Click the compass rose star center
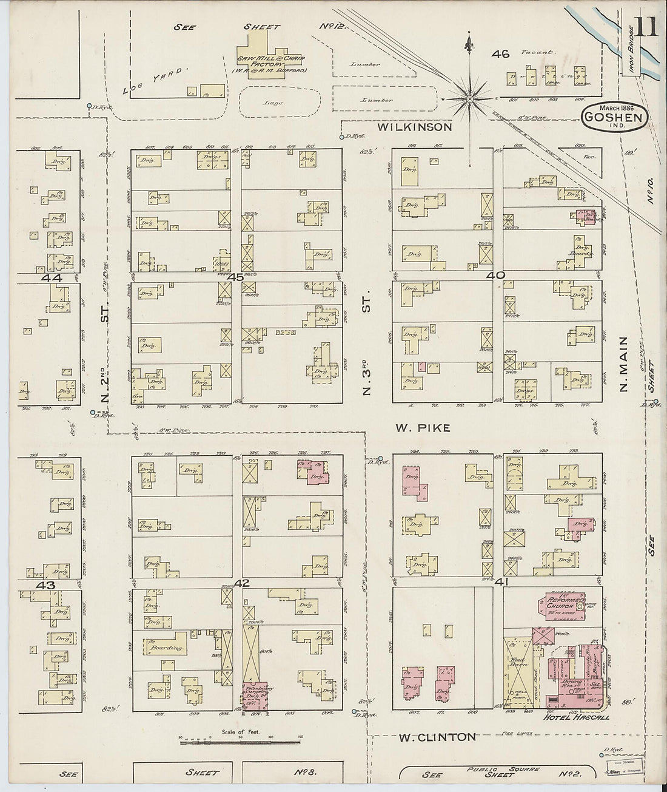coord(470,98)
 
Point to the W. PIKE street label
coord(423,428)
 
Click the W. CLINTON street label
coord(437,737)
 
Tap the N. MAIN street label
coord(625,373)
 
